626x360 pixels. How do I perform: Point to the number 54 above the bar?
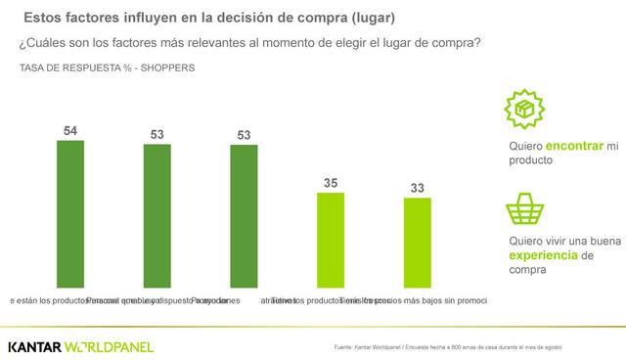70,129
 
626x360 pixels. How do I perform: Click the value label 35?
331,182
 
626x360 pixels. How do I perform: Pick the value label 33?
418,187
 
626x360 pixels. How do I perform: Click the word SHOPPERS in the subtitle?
165,67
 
